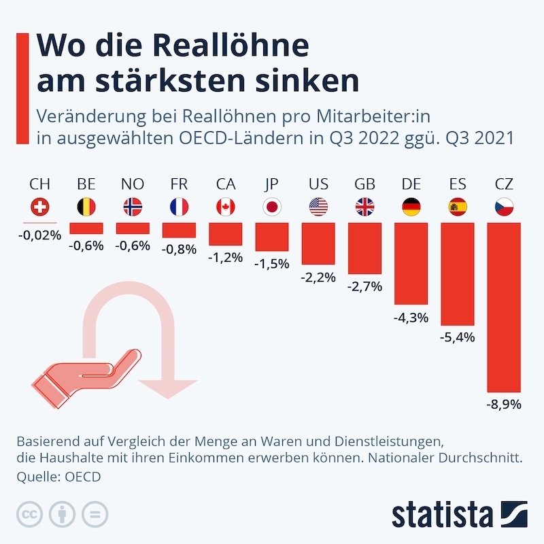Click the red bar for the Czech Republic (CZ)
(504, 306)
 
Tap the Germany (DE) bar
(411, 262)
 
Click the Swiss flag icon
(40, 207)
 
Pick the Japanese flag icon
(272, 207)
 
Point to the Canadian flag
(225, 207)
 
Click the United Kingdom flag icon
(364, 207)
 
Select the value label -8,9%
(504, 405)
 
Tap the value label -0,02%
(40, 235)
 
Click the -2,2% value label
(318, 277)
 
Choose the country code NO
(133, 184)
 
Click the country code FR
(179, 184)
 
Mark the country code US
(318, 184)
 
